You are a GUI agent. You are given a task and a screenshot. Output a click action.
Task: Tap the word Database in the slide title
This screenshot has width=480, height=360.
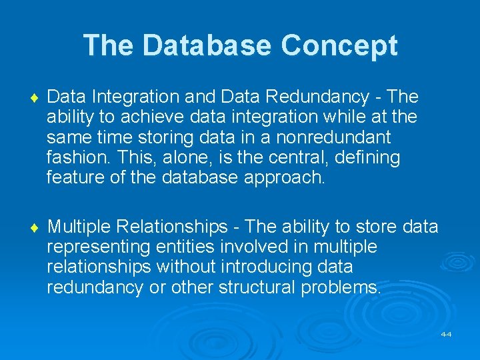point(207,45)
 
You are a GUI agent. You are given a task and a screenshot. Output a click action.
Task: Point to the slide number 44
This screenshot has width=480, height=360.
point(446,334)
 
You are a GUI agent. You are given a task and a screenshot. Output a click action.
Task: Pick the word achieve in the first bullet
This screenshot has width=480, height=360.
point(133,117)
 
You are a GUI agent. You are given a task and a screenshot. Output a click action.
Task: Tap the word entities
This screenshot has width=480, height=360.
point(185,247)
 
